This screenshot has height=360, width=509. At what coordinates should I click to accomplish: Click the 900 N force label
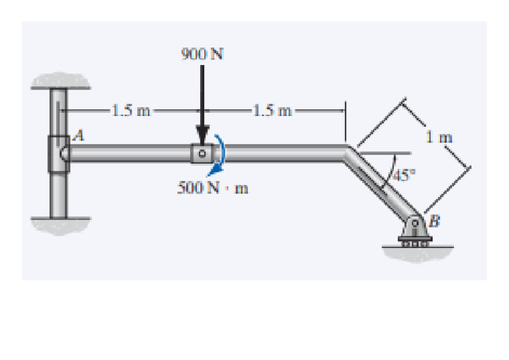pos(202,54)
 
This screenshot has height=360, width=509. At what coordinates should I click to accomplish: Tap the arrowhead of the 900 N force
pos(202,135)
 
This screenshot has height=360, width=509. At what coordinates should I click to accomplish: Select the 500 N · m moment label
pos(213,188)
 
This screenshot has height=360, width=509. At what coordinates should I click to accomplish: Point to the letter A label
pos(79,135)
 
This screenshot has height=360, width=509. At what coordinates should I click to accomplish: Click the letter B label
pos(434,221)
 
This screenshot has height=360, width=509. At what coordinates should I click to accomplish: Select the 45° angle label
pos(404,175)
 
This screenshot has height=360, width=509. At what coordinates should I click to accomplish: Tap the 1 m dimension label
pos(439,137)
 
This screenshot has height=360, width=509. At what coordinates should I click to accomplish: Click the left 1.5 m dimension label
pos(131,111)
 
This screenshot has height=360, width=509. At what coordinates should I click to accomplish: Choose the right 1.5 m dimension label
pos(272,111)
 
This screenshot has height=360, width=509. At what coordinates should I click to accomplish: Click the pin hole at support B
pos(415,223)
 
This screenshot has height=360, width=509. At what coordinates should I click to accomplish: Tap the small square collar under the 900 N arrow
pos(202,153)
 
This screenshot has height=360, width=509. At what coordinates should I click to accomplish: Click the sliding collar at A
pos(59,154)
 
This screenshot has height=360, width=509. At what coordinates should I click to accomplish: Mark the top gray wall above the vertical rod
pos(61,80)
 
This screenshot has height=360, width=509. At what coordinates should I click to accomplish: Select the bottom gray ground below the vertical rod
pos(61,225)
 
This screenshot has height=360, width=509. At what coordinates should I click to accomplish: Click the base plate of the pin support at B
pos(415,239)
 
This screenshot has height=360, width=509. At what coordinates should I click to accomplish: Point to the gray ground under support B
pos(418,254)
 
